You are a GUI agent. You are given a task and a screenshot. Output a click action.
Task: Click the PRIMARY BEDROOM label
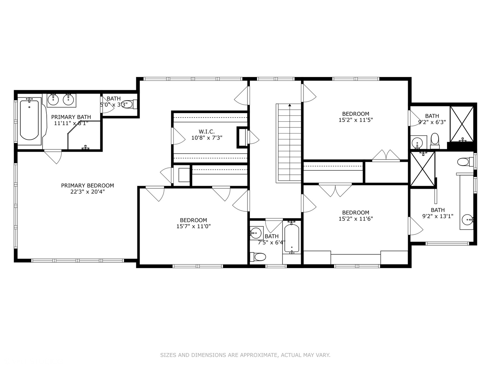click(87, 185)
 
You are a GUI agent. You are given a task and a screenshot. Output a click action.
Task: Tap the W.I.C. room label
click(207, 132)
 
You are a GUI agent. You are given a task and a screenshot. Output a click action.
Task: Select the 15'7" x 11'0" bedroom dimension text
click(193, 226)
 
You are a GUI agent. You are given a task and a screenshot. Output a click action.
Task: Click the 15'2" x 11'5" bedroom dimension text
click(356, 120)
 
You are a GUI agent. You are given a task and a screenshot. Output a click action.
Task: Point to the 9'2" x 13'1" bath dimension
click(437, 216)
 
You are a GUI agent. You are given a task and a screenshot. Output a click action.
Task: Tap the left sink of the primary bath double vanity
click(53, 99)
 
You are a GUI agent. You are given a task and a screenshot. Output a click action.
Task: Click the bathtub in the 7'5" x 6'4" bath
click(292, 238)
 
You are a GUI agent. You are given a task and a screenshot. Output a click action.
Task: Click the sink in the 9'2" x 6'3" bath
click(417, 142)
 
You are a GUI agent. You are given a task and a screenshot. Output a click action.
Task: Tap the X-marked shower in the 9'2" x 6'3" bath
click(462, 124)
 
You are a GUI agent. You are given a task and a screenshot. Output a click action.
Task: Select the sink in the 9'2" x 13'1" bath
click(467, 219)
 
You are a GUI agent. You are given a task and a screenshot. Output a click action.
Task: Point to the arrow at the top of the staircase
click(289, 105)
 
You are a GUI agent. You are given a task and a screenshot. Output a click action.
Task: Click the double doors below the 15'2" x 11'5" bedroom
click(386, 155)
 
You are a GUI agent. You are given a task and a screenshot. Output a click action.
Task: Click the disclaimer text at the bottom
click(245, 355)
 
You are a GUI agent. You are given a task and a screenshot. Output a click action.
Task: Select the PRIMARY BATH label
click(71, 117)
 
